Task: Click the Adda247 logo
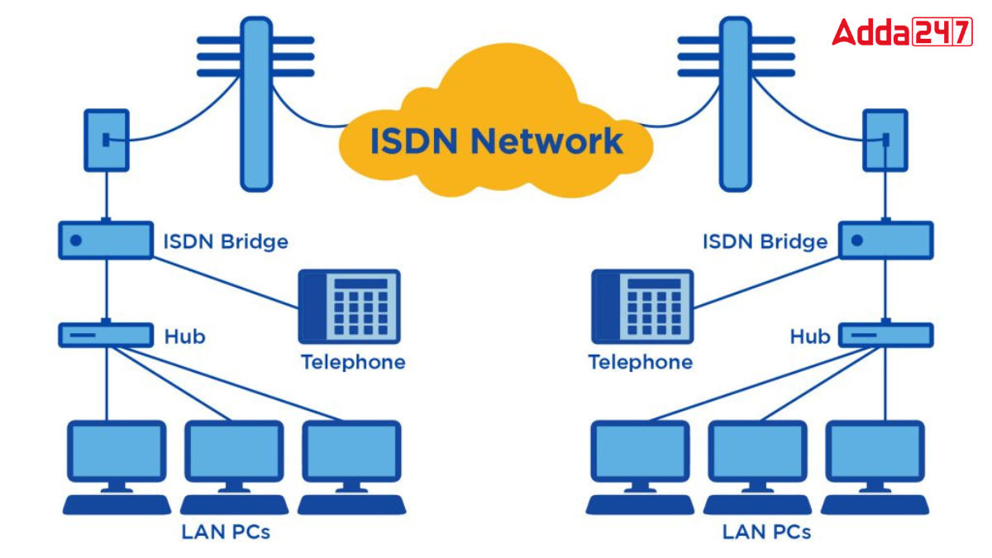902,32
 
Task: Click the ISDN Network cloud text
496,140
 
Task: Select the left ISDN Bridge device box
106,240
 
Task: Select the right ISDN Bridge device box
886,240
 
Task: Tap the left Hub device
106,335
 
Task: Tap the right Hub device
886,335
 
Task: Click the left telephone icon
348,305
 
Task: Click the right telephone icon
642,305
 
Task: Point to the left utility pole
255,103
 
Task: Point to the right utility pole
735,103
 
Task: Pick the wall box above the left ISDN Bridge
107,140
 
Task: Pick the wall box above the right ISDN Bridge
885,140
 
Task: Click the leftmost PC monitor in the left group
117,453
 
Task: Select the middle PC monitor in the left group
234,453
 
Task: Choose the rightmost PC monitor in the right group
875,453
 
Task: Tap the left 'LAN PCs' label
226,532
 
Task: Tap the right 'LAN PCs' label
766,532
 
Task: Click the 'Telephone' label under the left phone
353,362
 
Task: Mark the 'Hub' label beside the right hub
809,336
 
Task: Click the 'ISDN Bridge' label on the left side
226,241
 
